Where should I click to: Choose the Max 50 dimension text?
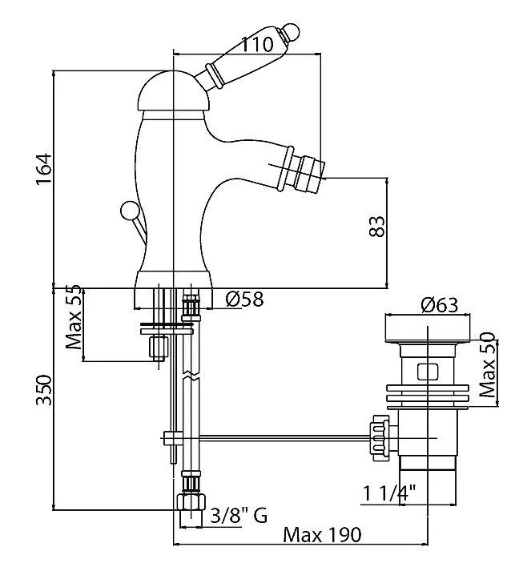coord(487,365)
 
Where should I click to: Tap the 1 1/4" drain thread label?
coord(392,495)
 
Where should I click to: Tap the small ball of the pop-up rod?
coord(128,211)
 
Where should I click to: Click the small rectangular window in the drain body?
coord(428,372)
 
